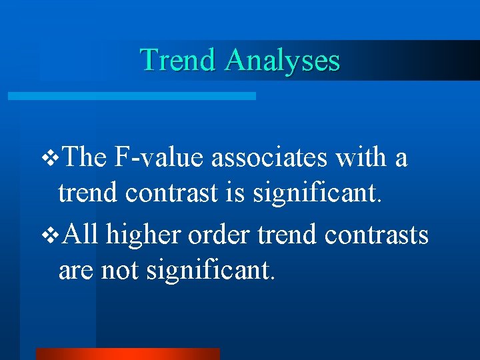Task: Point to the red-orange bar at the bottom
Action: click(x=127, y=353)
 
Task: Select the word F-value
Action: click(x=159, y=159)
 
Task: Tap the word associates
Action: click(x=271, y=159)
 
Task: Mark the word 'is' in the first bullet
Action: click(x=235, y=193)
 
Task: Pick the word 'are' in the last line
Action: click(x=76, y=271)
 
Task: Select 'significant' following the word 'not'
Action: click(x=210, y=271)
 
